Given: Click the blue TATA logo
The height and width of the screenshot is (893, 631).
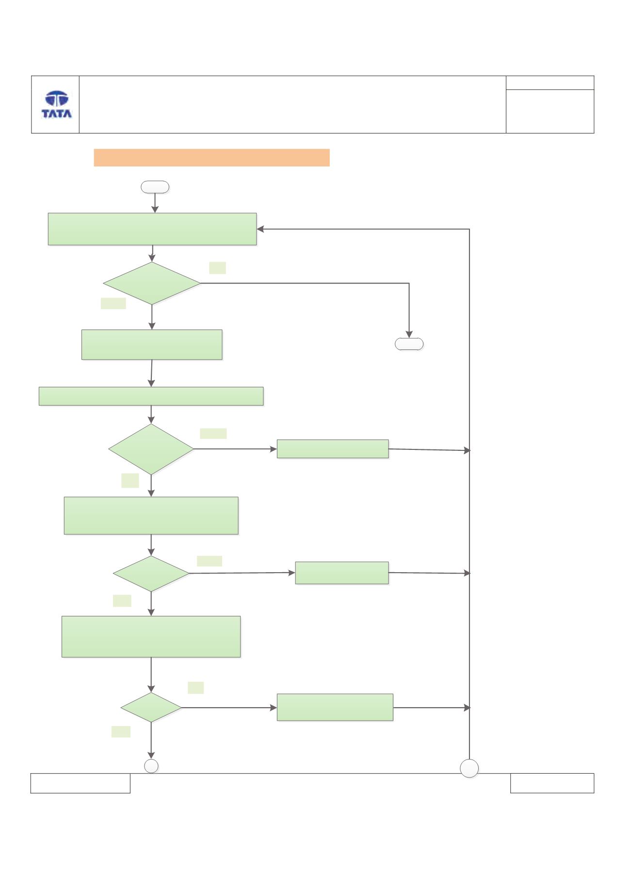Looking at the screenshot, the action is (x=57, y=104).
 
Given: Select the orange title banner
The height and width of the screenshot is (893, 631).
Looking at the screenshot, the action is (x=211, y=158).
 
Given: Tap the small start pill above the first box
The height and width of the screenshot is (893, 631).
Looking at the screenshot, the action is (x=155, y=187).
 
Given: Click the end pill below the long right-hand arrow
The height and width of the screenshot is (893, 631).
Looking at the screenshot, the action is (x=409, y=344).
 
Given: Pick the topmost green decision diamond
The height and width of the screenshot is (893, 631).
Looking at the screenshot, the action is (x=152, y=283).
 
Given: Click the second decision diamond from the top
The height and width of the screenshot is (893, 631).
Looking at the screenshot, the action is (x=151, y=449).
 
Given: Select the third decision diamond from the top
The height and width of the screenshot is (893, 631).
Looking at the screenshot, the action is (x=151, y=574).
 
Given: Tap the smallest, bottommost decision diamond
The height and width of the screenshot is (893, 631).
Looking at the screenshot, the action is (x=151, y=708).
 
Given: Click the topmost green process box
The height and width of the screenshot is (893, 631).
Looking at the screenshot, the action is (x=152, y=229).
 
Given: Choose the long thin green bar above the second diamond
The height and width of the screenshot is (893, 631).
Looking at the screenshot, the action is (x=151, y=396).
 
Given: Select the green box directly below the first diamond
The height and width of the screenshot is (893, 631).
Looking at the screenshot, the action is (x=152, y=345).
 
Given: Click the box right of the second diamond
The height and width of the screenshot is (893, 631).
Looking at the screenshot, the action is (x=333, y=449).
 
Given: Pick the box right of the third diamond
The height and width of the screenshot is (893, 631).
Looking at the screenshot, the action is (x=342, y=573).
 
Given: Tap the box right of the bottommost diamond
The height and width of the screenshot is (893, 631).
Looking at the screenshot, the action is (x=335, y=707).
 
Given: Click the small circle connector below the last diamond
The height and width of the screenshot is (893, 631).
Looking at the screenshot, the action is (x=151, y=766).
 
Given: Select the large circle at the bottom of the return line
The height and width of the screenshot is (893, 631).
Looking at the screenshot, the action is (x=469, y=768).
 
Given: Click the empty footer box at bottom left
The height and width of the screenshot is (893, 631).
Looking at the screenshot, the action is (x=81, y=783).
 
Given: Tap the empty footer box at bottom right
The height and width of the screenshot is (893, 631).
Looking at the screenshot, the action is (x=552, y=783).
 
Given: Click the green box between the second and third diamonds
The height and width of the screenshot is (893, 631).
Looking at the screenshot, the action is (x=151, y=515).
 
